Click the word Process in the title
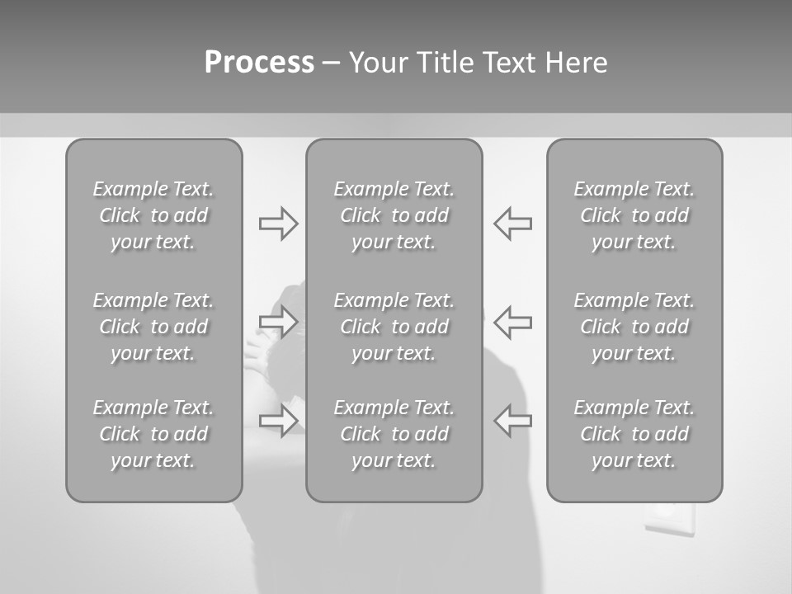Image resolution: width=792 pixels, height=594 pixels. tap(259, 63)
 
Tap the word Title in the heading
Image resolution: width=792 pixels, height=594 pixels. tap(446, 63)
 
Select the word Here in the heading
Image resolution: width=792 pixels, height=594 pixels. tap(576, 63)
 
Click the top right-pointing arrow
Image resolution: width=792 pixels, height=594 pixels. tap(278, 224)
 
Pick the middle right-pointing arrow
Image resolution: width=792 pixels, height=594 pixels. tap(278, 322)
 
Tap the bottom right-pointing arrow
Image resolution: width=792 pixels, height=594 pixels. tap(278, 420)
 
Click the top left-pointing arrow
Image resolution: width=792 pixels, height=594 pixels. tap(513, 224)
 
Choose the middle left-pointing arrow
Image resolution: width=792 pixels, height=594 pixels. tap(513, 322)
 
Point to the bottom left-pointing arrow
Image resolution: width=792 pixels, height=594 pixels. tap(513, 420)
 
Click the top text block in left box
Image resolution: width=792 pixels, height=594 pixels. tap(153, 215)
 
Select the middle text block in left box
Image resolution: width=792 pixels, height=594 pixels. tap(153, 327)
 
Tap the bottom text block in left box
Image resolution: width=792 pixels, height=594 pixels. tap(153, 434)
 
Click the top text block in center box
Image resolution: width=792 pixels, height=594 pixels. tap(394, 215)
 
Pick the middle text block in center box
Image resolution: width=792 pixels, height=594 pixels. tap(394, 327)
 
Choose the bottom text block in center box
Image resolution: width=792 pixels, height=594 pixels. tap(394, 434)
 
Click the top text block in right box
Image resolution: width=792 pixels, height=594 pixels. tap(634, 215)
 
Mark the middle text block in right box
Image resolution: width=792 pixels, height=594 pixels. tap(634, 327)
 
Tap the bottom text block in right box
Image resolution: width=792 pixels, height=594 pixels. tap(634, 434)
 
